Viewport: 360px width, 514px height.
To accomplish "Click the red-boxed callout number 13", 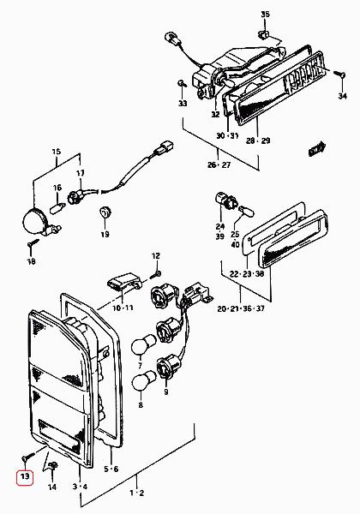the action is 25,476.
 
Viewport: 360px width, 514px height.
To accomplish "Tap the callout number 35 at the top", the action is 265,14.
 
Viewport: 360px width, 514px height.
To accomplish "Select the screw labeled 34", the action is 339,74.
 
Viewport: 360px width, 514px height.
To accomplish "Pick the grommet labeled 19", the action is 105,212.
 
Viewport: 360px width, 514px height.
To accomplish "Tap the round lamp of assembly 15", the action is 35,221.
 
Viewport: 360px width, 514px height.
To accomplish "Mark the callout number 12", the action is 156,255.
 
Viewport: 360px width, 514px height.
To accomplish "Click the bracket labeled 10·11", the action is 124,282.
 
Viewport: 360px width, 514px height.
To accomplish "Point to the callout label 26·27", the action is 219,164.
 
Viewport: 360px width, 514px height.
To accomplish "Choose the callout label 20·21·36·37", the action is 241,308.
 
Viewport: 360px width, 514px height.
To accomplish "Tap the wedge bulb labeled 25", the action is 245,211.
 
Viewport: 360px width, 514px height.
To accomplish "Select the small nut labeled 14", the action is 53,465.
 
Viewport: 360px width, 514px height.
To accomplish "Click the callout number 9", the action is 166,391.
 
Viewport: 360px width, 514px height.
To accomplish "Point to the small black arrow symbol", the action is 317,149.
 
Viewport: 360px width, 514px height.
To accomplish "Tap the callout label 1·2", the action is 137,493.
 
